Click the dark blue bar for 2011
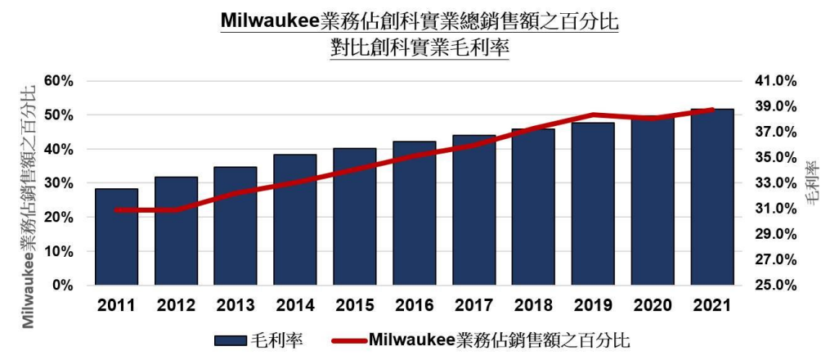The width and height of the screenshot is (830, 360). pos(115,237)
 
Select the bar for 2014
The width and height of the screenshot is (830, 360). pos(294,220)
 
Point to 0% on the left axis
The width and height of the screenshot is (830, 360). pos(63,286)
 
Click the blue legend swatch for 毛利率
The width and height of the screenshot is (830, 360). pos(236,340)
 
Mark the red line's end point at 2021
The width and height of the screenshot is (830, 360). pos(711,110)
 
